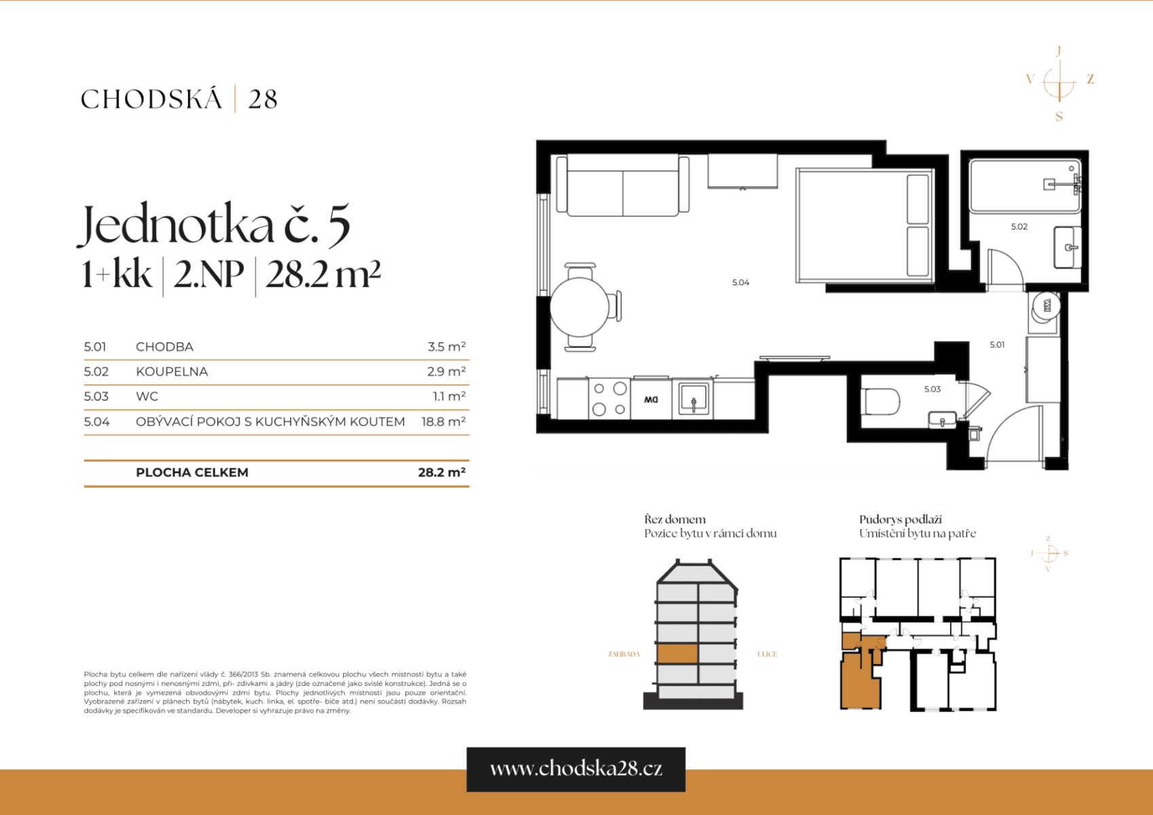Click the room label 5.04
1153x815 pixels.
coord(740,283)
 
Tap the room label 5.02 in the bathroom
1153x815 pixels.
coord(1019,227)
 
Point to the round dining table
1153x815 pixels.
coord(579,307)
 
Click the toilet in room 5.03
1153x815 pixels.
coord(881,401)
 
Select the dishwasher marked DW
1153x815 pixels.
coord(651,399)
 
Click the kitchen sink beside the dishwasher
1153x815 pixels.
coord(693,399)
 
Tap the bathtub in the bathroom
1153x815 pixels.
coord(1024,185)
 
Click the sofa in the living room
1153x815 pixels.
coord(623,185)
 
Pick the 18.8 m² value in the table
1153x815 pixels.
coord(443,422)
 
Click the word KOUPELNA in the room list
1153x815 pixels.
coord(172,372)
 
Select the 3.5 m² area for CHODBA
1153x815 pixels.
coord(446,347)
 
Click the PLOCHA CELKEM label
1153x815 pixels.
coord(192,473)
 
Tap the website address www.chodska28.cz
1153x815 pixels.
coord(576,769)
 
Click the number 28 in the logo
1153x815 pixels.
coord(263,100)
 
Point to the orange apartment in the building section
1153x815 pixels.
coord(677,653)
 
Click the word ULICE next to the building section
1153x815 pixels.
coord(767,654)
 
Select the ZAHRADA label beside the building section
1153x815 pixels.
coord(623,654)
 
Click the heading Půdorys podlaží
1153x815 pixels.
coord(900,520)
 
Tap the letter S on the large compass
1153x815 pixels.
coord(1059,117)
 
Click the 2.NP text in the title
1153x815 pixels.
coord(208,275)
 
